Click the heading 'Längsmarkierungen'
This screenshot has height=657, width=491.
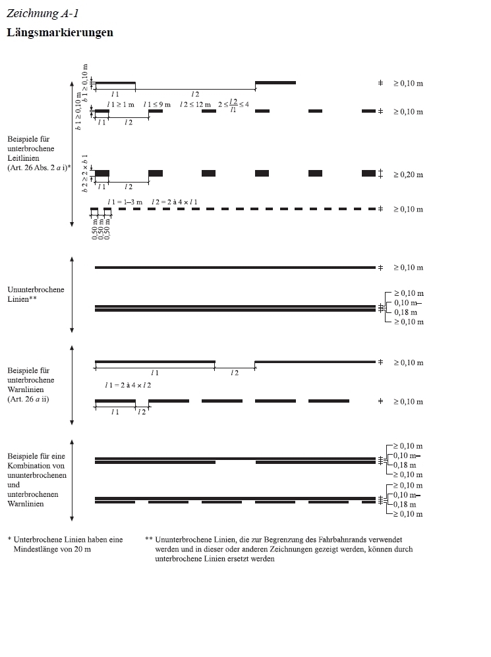pos(59,32)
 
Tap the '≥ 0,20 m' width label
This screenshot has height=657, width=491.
pos(409,175)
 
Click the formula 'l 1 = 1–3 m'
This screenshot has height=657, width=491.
pos(125,201)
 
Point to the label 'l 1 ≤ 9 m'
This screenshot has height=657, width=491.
pos(157,104)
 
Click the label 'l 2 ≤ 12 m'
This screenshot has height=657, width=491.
pos(195,104)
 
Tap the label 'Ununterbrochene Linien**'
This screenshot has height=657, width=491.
pos(36,294)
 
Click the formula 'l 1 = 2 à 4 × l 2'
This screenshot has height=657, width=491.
pos(128,385)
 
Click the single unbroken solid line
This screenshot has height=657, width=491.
pos(235,268)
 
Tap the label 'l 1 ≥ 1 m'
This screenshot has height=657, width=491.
pos(121,104)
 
